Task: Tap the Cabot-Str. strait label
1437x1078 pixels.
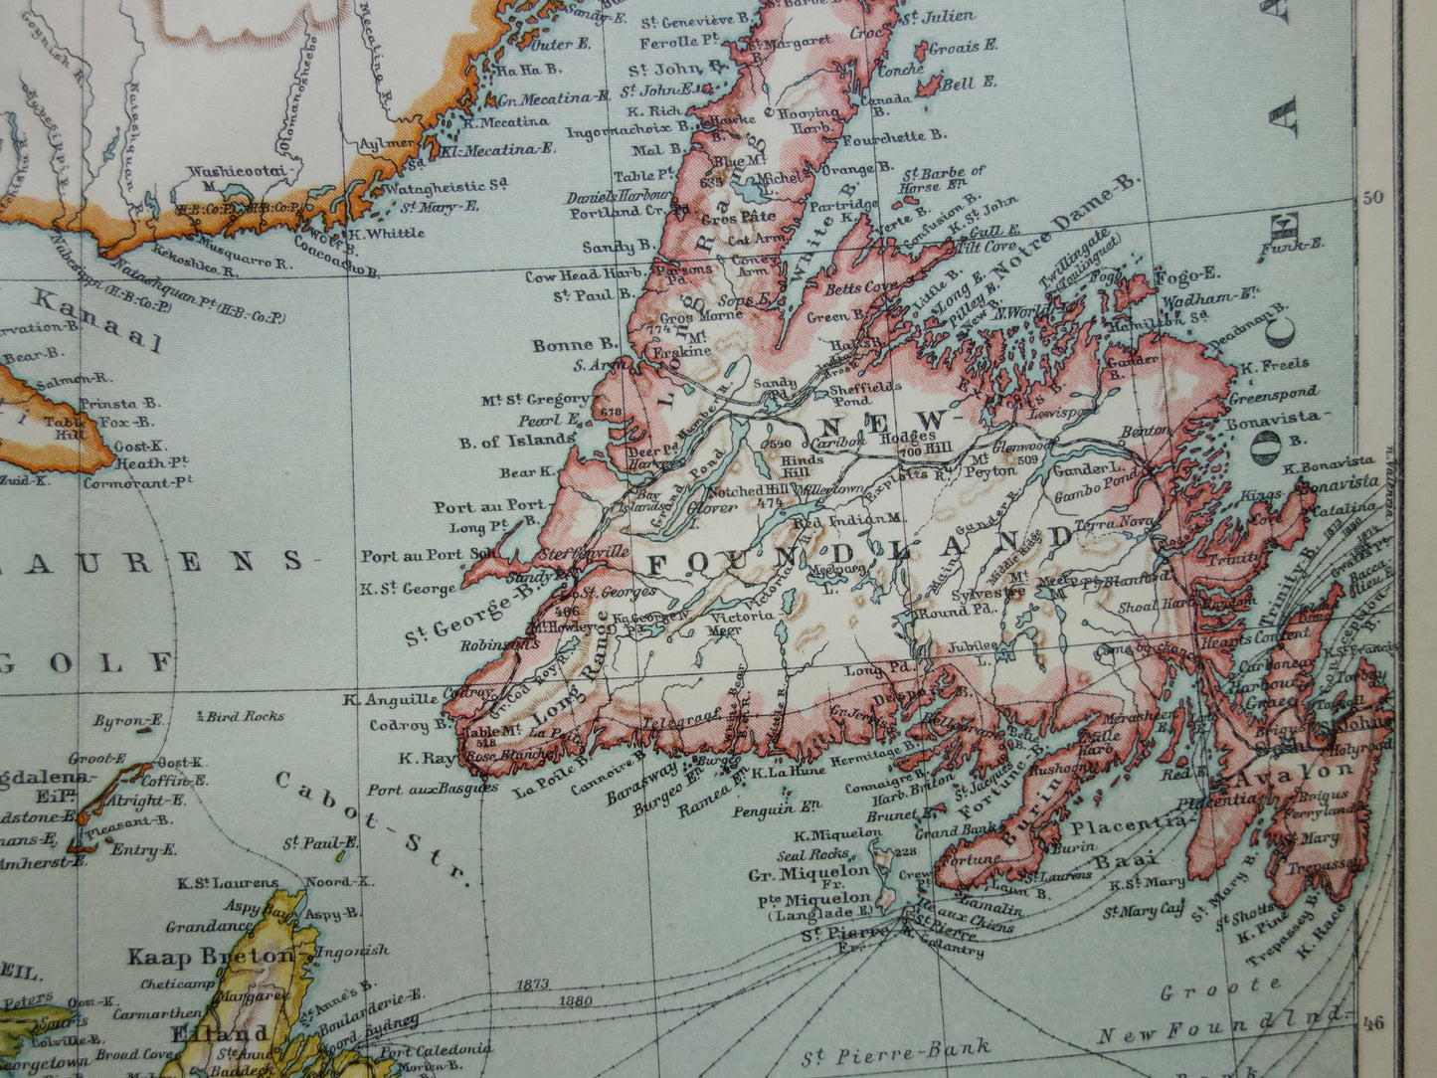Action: (x=371, y=827)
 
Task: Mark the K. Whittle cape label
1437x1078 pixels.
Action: (x=387, y=233)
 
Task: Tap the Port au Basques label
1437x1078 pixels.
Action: (x=432, y=790)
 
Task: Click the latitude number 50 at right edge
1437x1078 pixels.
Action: (x=1373, y=196)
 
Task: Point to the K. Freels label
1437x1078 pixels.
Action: (x=1274, y=365)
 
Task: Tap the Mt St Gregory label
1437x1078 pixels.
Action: (x=535, y=400)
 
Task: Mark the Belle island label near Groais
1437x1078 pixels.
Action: (x=957, y=86)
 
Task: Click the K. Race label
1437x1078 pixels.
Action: (x=1319, y=938)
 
